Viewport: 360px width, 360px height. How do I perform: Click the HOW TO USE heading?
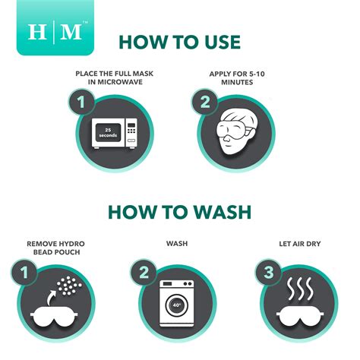point(180,42)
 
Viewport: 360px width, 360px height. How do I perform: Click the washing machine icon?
point(176,302)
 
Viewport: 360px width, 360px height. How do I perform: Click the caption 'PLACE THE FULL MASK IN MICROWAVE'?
point(115,77)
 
